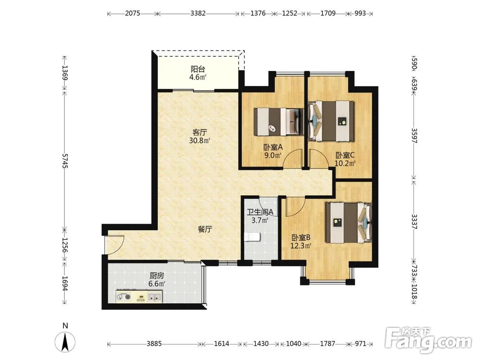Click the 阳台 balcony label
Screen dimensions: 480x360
198,69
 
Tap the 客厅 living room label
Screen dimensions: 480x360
200,132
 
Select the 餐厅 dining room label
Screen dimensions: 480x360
205,229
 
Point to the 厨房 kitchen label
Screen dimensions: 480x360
157,276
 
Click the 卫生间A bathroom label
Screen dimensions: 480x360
260,212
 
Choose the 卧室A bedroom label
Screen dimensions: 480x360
273,147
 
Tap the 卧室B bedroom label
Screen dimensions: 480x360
301,238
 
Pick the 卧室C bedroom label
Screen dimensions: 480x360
345,155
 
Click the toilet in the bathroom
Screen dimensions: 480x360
252,237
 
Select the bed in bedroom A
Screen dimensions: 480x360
278,122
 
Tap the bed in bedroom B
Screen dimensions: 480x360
348,223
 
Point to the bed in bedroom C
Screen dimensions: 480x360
331,121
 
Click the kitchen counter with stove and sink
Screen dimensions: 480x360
139,297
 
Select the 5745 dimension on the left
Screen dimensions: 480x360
65,161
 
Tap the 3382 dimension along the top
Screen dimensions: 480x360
198,13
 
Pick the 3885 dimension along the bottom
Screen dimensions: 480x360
154,344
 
